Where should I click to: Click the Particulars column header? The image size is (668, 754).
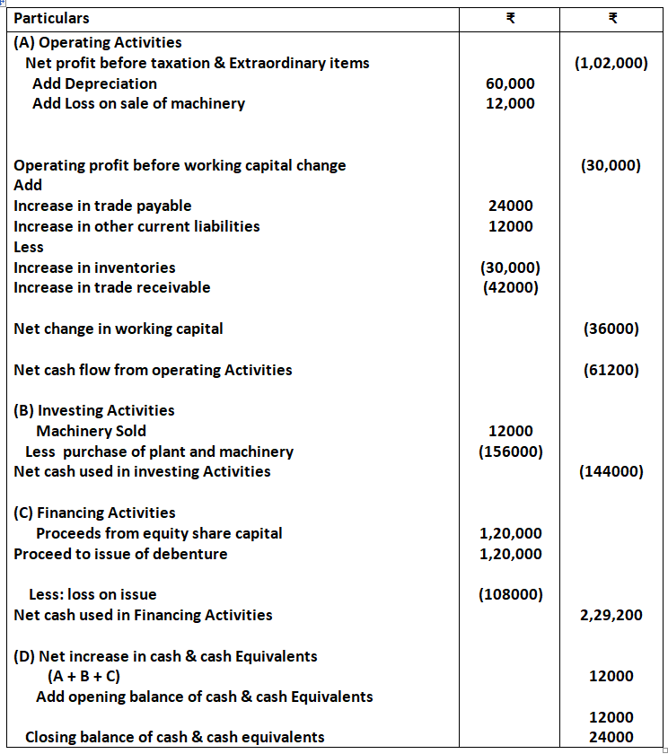pyautogui.click(x=52, y=18)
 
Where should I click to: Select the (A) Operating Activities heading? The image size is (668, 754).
pyautogui.click(x=98, y=42)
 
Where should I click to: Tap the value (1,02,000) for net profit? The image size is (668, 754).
pyautogui.click(x=611, y=63)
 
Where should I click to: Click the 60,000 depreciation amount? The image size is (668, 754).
pyautogui.click(x=510, y=83)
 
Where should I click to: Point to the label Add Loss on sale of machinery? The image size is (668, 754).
pyautogui.click(x=138, y=103)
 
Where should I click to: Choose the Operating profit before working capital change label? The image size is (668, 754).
pyautogui.click(x=180, y=165)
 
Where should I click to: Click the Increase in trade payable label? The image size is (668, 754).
pyautogui.click(x=102, y=206)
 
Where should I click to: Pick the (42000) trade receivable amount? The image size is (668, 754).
pyautogui.click(x=510, y=287)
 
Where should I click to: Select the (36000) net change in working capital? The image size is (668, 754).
pyautogui.click(x=611, y=329)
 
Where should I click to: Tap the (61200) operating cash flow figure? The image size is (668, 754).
pyautogui.click(x=611, y=369)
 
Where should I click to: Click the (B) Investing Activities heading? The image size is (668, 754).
pyautogui.click(x=94, y=410)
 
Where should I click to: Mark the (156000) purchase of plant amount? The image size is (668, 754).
pyautogui.click(x=510, y=452)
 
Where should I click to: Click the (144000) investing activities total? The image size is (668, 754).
pyautogui.click(x=611, y=471)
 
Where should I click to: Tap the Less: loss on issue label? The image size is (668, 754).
pyautogui.click(x=92, y=594)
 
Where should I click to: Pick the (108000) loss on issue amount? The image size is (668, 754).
pyautogui.click(x=510, y=594)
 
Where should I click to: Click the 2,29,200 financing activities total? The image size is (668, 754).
pyautogui.click(x=611, y=615)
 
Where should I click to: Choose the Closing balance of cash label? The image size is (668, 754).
pyautogui.click(x=175, y=737)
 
